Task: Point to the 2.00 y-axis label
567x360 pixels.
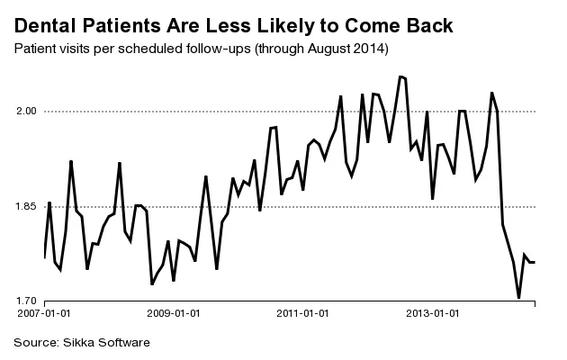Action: [27, 112]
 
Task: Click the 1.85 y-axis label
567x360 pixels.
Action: [27, 207]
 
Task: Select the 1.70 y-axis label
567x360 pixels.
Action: [27, 301]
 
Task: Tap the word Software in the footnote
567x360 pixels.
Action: [125, 343]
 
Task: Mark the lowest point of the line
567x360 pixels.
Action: [518, 297]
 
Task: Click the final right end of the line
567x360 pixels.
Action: [535, 262]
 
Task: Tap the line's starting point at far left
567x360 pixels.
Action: [44, 258]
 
